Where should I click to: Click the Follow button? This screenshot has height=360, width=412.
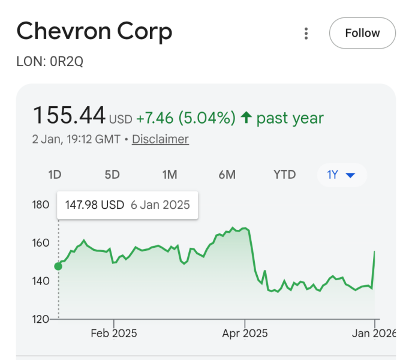tap(362, 33)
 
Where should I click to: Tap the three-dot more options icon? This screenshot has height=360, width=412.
tap(306, 34)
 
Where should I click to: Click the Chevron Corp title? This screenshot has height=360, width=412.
tap(94, 31)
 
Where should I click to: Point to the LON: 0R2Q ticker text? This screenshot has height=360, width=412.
tap(50, 62)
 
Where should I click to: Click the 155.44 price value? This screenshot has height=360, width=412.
tap(69, 115)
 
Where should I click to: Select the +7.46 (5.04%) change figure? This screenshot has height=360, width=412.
tap(185, 118)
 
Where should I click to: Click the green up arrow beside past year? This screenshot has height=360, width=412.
tap(246, 118)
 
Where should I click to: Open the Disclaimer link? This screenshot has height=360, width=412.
tap(160, 139)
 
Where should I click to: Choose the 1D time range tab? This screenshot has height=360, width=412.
tap(55, 175)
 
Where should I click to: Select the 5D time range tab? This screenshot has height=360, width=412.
tap(112, 175)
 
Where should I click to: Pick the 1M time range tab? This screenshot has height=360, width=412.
tap(170, 175)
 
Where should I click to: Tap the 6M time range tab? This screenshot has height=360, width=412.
tap(227, 175)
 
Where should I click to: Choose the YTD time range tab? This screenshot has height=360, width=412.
tap(284, 175)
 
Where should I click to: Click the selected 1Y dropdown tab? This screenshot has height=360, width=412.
tap(341, 175)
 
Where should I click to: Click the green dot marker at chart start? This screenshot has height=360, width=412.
tap(58, 266)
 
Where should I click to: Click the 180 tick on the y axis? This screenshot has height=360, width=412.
tap(41, 205)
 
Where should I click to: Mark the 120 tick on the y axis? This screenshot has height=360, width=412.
tap(41, 319)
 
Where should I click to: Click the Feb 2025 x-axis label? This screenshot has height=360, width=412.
tap(114, 333)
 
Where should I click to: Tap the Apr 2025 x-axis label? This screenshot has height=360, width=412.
tap(245, 333)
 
